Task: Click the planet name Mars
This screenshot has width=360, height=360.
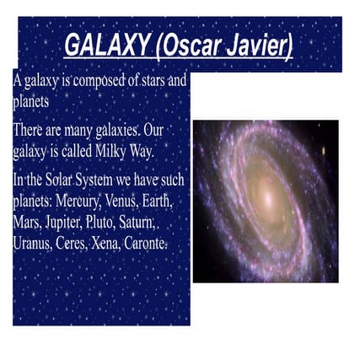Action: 27,223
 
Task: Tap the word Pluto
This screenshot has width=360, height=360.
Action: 115,223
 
